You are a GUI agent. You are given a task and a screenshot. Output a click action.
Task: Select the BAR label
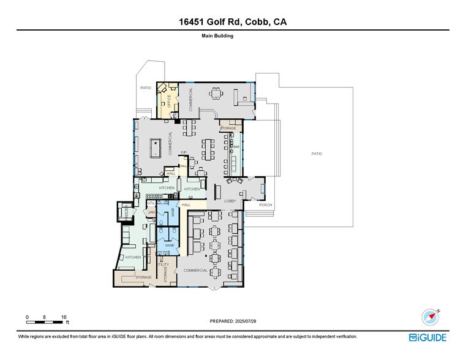[236, 147]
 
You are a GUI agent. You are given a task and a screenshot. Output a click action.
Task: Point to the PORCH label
[265, 205]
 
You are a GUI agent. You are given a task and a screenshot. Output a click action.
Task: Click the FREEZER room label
[127, 212]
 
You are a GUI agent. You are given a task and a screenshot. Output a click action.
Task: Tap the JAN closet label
[151, 212]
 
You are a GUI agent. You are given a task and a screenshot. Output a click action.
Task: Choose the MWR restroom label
[173, 213]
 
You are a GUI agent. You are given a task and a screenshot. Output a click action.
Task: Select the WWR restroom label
[170, 245]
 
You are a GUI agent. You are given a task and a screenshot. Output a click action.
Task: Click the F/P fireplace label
[183, 152]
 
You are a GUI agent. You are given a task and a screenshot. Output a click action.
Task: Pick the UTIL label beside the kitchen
[151, 202]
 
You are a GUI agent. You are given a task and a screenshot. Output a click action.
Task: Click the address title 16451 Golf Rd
[233, 22]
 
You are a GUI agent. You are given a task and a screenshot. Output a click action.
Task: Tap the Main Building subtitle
[217, 36]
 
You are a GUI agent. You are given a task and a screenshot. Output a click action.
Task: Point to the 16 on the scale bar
[64, 317]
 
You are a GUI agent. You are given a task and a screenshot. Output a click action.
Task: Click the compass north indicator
[430, 317]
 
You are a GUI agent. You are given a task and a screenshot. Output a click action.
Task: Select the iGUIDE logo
[428, 337]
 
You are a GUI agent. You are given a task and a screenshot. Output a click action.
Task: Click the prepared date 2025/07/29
[233, 321]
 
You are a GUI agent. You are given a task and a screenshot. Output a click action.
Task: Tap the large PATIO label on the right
[317, 154]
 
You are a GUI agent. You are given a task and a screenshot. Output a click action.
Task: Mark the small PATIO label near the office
[145, 88]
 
